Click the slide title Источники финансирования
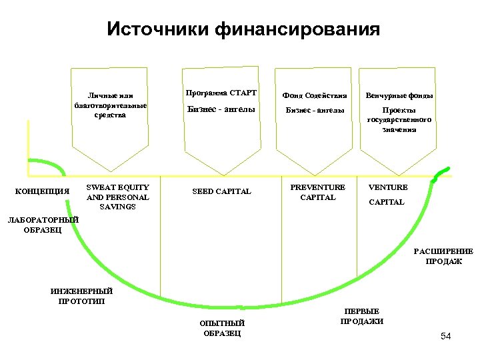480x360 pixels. (243, 30)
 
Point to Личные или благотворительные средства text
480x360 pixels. (111, 105)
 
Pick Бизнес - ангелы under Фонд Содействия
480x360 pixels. (315, 111)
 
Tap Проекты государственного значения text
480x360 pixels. (399, 120)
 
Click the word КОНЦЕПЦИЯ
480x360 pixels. (42, 192)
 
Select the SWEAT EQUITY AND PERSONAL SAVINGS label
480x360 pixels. (117, 197)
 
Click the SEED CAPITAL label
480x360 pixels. (221, 192)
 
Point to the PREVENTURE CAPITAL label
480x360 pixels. (318, 192)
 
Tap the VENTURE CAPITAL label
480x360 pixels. (387, 195)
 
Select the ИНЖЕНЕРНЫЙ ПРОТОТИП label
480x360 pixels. (81, 295)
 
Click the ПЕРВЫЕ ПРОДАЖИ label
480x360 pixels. (361, 316)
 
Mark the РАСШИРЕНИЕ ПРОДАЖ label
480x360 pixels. (443, 256)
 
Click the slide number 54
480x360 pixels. (445, 336)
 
